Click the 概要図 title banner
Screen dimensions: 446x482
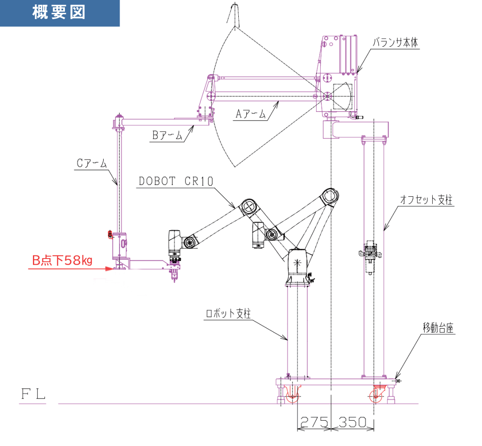pos(59,13)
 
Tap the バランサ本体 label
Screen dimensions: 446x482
pos(395,43)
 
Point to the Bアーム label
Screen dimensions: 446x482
pos(167,135)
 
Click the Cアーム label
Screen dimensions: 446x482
pos(92,163)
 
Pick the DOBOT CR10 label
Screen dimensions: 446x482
pos(176,181)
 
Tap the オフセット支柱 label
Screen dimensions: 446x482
pos(426,200)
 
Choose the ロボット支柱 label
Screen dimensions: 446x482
pos(228,313)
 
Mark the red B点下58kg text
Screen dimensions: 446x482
pos(62,260)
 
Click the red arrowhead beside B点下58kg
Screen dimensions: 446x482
pos(107,268)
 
